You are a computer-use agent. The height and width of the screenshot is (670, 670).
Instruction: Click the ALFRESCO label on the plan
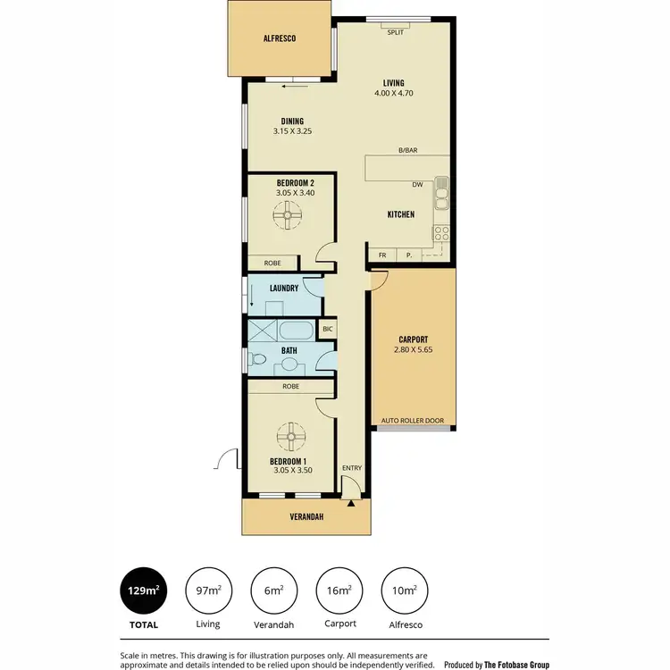279,39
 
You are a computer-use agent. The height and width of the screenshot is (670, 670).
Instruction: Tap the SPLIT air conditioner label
396,32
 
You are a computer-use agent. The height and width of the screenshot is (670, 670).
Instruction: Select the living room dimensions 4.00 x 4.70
395,93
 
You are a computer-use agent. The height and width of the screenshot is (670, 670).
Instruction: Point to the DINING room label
292,121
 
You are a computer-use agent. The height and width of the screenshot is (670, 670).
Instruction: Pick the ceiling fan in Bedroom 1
292,438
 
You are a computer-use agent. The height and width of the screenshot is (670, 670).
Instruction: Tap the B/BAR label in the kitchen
408,151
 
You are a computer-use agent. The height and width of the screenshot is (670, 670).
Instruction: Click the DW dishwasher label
417,186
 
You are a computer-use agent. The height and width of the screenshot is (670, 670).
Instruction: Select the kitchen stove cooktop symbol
440,234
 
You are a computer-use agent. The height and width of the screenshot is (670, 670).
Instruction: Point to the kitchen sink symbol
440,190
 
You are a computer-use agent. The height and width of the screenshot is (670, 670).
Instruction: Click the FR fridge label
382,255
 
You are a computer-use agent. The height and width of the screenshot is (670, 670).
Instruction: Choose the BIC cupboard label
327,329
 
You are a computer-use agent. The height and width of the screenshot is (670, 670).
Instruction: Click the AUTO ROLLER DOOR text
413,419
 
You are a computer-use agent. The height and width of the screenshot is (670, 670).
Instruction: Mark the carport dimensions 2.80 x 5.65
413,351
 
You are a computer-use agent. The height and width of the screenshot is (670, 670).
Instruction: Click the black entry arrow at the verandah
351,505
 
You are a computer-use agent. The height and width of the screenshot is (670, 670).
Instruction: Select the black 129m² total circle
144,590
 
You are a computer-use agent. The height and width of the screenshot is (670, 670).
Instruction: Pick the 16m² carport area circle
338,590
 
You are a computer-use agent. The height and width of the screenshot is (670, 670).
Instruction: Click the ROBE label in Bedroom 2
272,263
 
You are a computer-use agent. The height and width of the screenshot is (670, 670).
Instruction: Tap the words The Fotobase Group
515,665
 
